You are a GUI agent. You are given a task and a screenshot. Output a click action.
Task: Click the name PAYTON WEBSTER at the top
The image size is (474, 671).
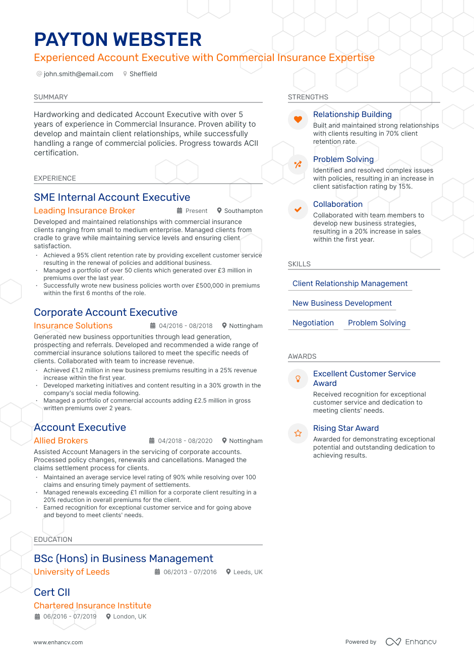click(117, 39)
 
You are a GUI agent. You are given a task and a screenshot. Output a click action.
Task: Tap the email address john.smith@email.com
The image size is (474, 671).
click(78, 74)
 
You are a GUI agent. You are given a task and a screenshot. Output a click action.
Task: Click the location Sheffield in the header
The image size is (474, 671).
click(143, 74)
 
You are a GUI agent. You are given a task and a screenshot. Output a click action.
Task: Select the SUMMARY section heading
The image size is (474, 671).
click(50, 97)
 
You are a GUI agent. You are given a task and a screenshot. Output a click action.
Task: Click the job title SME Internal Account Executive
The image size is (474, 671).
click(112, 197)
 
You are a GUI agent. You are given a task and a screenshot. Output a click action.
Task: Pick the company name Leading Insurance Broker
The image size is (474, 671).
click(84, 211)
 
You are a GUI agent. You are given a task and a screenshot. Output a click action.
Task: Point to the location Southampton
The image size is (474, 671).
click(243, 211)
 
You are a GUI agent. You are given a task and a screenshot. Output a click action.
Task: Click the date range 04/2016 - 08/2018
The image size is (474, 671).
click(186, 326)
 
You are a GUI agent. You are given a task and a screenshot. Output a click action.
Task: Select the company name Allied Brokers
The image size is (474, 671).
click(61, 441)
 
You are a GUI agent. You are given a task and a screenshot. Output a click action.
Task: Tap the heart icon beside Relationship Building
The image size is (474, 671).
click(298, 120)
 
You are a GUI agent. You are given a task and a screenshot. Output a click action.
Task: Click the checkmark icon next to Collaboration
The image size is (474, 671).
click(298, 209)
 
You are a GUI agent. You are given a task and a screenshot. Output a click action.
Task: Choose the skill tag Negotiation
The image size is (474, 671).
click(313, 323)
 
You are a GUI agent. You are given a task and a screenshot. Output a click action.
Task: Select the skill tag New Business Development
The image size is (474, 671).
click(342, 303)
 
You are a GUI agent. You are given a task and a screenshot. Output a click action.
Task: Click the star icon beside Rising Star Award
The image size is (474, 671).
click(298, 433)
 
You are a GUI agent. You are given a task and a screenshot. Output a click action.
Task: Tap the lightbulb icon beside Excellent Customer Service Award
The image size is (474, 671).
click(298, 379)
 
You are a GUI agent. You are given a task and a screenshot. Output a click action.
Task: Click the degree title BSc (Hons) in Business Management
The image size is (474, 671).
click(123, 558)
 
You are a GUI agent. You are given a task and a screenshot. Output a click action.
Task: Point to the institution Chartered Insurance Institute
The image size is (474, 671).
click(92, 605)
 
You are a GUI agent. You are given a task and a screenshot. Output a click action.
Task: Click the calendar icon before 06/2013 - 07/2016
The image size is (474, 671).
click(157, 572)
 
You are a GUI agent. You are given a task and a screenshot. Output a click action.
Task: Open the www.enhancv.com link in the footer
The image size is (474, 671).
click(58, 642)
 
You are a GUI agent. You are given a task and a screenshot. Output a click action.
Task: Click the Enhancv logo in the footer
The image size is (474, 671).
click(411, 642)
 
